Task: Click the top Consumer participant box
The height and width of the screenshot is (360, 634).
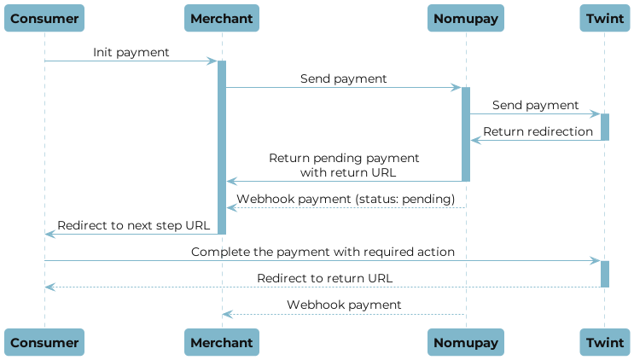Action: [x=44, y=18]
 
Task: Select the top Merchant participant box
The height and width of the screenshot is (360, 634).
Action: [x=221, y=18]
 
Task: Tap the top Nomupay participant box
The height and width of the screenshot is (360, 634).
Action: [x=466, y=18]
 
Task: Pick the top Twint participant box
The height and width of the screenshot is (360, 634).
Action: [x=604, y=18]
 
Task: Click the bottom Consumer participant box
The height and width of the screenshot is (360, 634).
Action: [x=44, y=342]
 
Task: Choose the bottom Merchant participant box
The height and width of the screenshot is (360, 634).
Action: [x=221, y=342]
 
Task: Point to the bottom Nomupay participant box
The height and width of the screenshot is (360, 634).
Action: [x=466, y=342]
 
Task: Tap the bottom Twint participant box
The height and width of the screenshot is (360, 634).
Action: [x=604, y=342]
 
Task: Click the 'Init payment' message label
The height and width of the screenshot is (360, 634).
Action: [x=131, y=53]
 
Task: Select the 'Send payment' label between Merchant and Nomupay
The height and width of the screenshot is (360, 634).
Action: [x=343, y=78]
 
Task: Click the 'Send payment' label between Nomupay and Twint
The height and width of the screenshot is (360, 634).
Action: [x=535, y=105]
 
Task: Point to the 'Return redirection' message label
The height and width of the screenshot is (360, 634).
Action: [x=538, y=131]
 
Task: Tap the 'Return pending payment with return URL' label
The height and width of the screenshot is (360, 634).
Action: [x=344, y=165]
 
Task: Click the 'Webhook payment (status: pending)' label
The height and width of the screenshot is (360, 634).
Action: [x=346, y=199]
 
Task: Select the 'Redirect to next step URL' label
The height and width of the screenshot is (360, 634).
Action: [x=132, y=225]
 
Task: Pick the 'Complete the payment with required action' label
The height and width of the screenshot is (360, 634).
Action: [x=323, y=253]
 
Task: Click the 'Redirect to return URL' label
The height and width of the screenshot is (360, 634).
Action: [x=324, y=278]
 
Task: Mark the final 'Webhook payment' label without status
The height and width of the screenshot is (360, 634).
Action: [x=344, y=305]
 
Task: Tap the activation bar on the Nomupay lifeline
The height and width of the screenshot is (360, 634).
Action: [x=466, y=133]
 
